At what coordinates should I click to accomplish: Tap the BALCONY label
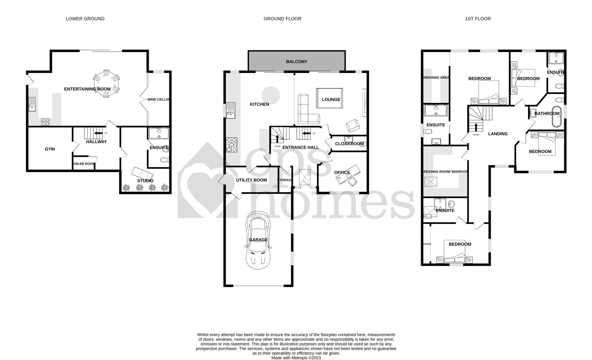[x=296, y=62]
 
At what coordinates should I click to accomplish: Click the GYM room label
[x=50, y=149]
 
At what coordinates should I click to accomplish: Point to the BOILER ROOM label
[x=84, y=164]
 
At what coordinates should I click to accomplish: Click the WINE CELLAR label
[x=159, y=99]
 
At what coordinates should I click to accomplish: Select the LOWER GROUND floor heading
[x=85, y=19]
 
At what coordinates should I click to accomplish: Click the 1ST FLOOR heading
[x=478, y=19]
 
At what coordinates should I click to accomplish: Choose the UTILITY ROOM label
[x=251, y=180]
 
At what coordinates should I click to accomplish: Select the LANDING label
[x=498, y=134]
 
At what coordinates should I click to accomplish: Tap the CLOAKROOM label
[x=349, y=144]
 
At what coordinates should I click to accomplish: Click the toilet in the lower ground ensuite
[x=164, y=160]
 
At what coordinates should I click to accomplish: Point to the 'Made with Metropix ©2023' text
[x=296, y=358]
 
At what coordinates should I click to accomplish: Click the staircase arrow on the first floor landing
[x=476, y=127]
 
